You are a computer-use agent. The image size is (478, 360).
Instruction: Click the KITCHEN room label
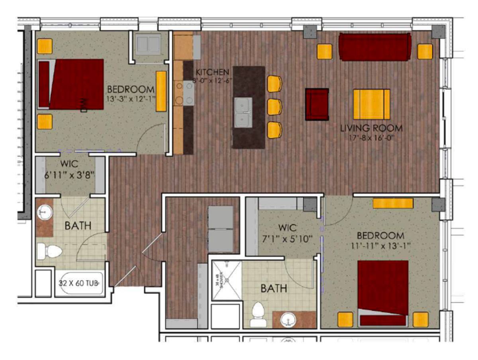pos(212,72)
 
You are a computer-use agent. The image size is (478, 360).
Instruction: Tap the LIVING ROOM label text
pos(371,129)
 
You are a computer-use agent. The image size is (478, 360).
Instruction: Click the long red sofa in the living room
pos(375,47)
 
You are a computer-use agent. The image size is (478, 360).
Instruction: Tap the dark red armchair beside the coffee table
pos(317,104)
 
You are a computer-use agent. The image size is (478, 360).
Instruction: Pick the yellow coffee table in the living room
pos(371,104)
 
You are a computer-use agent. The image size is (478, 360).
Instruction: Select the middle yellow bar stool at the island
pos(274,107)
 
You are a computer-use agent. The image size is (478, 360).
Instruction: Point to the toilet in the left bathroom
pos(49,252)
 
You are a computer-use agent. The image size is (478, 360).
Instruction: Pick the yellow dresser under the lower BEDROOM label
pos(393,203)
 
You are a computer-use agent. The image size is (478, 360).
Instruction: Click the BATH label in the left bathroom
pos(78,226)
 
